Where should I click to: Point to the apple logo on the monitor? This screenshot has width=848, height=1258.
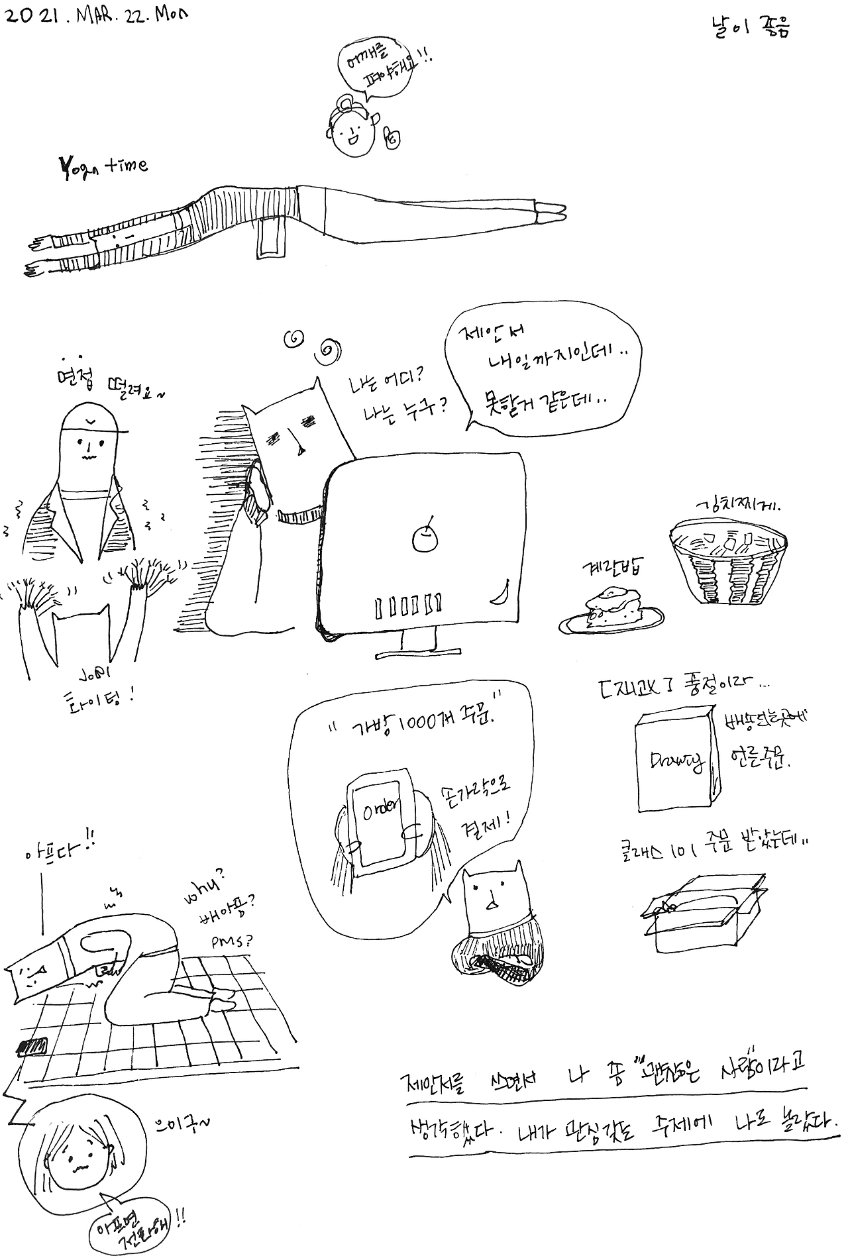click(422, 537)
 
